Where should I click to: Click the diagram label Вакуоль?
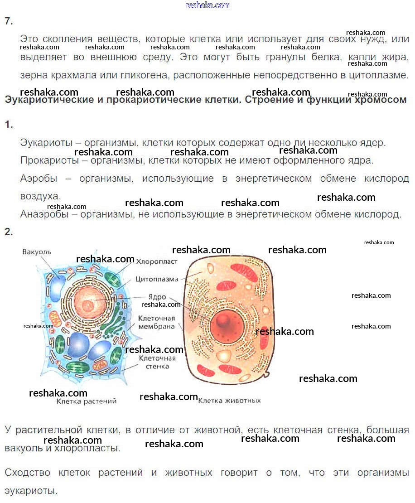(37, 252)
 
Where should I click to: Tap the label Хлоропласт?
(156, 262)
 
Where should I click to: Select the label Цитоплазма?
(157, 279)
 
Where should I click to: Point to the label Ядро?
(157, 297)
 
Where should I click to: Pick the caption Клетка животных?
(230, 401)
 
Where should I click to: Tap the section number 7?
(9, 21)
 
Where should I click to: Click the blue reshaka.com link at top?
(208, 5)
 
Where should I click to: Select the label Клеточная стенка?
(157, 361)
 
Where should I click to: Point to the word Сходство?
(28, 473)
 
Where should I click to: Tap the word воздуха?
(40, 196)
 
